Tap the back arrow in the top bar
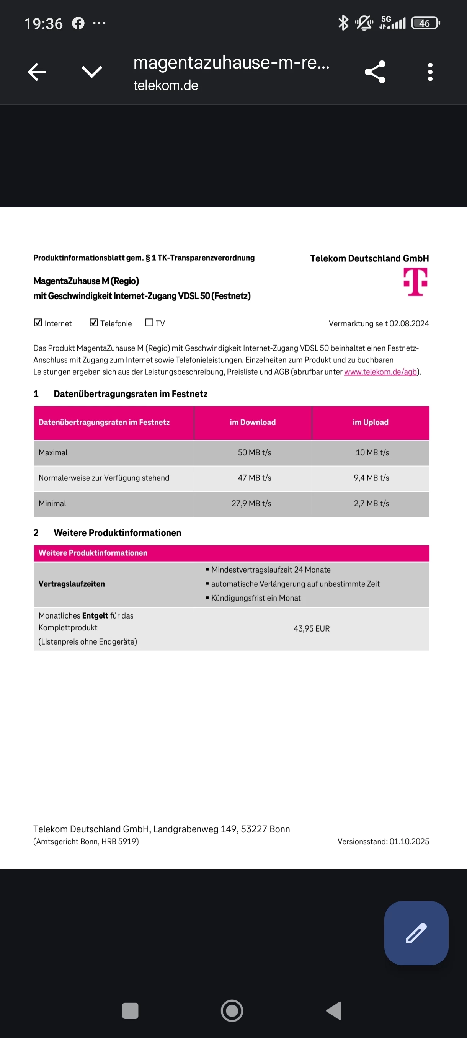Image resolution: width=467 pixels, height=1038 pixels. point(37,72)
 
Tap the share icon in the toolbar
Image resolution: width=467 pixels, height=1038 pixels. point(375,72)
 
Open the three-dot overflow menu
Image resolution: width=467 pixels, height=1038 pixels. point(430,72)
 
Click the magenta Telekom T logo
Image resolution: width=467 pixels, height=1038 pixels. point(415,282)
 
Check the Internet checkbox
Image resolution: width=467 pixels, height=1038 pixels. point(38,323)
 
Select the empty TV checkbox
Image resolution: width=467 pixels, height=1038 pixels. point(149,323)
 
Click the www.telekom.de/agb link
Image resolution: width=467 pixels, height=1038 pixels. point(380,372)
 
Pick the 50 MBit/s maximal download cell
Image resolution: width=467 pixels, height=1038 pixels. point(254,452)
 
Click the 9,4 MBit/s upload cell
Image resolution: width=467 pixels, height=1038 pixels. point(371,478)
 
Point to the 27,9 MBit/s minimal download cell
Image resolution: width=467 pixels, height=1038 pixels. point(251,504)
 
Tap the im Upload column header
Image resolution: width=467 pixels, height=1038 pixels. point(370,422)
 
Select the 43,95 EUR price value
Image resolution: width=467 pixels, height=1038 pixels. point(312,628)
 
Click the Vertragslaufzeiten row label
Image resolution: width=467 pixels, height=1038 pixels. point(72,584)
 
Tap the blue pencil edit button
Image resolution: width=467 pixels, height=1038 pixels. point(416,933)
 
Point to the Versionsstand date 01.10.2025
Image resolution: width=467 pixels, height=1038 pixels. point(409,842)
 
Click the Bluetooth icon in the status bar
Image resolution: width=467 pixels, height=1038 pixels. point(343,23)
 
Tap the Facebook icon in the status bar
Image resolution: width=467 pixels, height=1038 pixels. point(78,23)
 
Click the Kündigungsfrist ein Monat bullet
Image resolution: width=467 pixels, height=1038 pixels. point(255,598)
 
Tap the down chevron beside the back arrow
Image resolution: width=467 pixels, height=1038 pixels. point(92,72)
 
